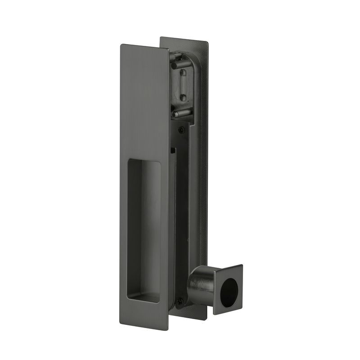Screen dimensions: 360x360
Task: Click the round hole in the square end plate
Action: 230,290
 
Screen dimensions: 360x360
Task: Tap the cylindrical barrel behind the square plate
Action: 201,283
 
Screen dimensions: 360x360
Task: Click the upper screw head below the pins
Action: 181,130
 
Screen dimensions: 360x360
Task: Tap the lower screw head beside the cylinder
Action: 180,301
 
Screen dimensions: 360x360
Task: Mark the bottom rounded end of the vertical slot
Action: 183,97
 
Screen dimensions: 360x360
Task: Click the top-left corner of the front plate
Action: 121,45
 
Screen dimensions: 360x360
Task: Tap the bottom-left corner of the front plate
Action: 121,322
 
